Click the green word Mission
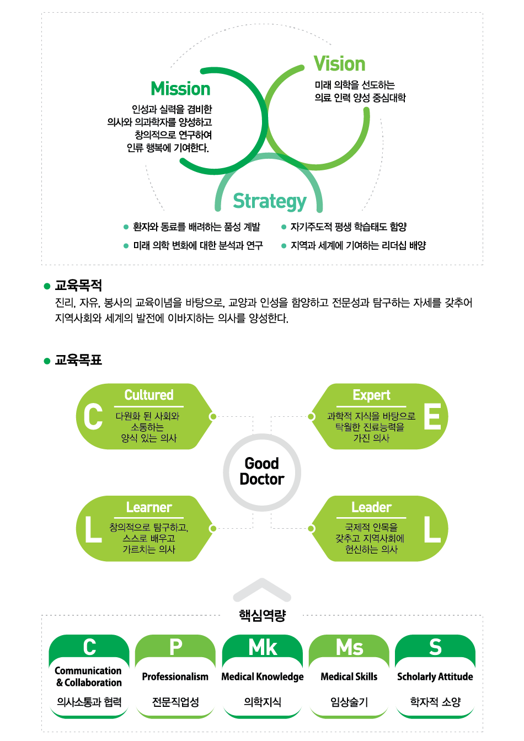[x=180, y=89]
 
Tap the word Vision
[x=339, y=64]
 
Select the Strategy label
[x=269, y=201]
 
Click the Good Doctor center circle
[x=262, y=471]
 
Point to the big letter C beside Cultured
[x=93, y=417]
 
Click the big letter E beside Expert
[x=432, y=417]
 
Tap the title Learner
[x=149, y=507]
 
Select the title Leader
[x=371, y=507]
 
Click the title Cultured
[x=149, y=395]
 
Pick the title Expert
[x=371, y=395]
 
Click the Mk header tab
[x=263, y=647]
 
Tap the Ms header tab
[x=349, y=647]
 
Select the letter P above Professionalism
[x=175, y=647]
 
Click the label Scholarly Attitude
[x=435, y=676]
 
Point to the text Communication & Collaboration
[x=89, y=676]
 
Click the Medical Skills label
[x=349, y=676]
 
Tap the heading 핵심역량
[x=262, y=615]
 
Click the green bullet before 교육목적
[x=47, y=286]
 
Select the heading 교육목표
[x=78, y=361]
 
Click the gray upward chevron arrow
[x=262, y=590]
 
